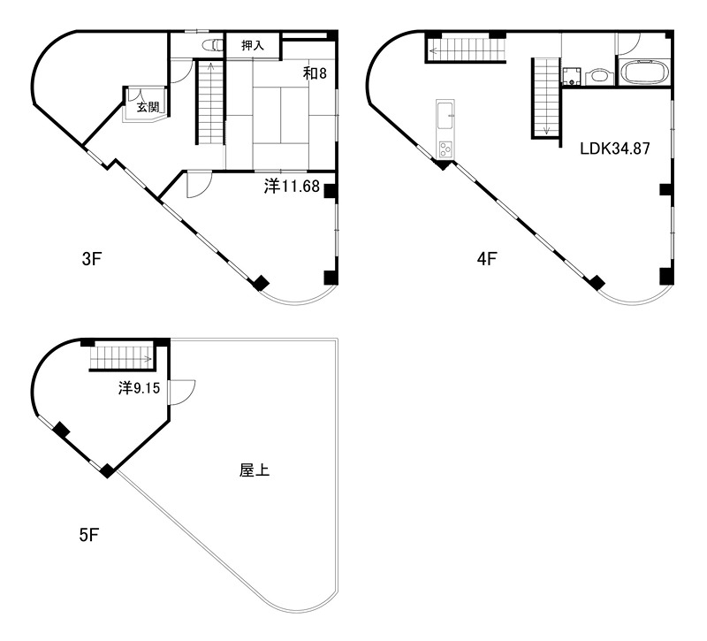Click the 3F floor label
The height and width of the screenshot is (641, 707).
tap(92, 259)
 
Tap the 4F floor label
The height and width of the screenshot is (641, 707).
tap(487, 259)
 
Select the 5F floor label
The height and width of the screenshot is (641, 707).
tap(89, 535)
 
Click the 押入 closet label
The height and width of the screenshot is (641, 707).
tap(253, 45)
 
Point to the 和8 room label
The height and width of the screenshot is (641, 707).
tap(315, 73)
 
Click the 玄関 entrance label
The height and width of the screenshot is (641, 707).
tap(148, 107)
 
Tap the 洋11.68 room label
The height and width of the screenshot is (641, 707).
tap(292, 186)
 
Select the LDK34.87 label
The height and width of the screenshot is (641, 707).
tap(614, 149)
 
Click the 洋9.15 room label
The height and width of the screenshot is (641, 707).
tap(139, 388)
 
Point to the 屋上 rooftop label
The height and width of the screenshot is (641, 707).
tap(255, 470)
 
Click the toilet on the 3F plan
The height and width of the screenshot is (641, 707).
tap(212, 45)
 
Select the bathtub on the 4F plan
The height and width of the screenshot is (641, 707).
tap(643, 72)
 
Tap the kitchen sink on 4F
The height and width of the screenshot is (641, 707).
tap(445, 114)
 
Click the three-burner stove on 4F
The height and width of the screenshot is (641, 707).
tap(445, 149)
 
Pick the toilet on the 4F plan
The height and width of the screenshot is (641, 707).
tap(598, 76)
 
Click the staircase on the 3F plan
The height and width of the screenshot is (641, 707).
tap(210, 102)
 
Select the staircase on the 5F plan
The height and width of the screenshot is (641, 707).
tap(122, 357)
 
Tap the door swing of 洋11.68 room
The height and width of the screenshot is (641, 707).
tap(199, 184)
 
